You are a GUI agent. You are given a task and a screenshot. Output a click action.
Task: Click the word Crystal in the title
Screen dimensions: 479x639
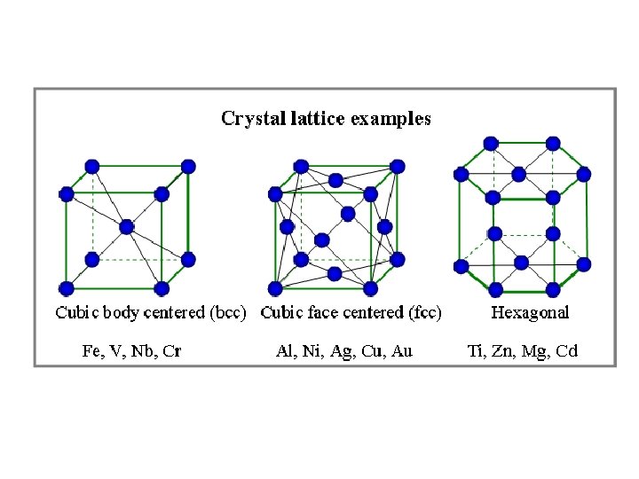248,118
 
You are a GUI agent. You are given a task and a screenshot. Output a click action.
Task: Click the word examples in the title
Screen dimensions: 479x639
391,119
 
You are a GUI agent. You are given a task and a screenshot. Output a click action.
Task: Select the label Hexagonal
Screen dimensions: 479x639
530,312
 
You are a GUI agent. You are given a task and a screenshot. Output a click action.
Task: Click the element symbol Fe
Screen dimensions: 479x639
91,350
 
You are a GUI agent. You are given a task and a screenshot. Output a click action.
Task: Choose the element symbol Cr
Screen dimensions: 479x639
173,350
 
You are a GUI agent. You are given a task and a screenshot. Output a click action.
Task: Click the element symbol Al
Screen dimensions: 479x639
285,350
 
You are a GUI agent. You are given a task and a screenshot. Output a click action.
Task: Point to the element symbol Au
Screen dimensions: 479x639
402,350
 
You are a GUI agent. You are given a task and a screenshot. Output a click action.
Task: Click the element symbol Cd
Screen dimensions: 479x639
566,350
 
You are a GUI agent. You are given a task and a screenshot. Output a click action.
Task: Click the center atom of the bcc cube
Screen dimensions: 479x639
127,227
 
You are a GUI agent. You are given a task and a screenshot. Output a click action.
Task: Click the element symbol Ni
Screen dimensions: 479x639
312,350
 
